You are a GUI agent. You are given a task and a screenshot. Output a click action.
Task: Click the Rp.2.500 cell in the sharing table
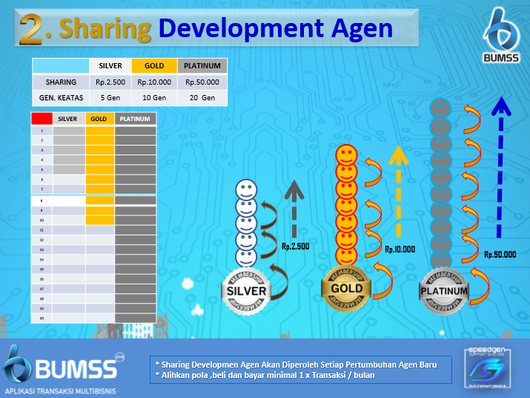click(110, 82)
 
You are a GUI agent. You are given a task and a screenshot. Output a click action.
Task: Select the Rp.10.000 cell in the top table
click(154, 82)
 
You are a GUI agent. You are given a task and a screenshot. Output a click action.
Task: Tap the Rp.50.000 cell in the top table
click(202, 82)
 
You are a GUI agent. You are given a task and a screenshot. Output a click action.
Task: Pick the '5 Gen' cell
click(110, 97)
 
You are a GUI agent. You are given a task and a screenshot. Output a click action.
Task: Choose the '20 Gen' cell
click(202, 97)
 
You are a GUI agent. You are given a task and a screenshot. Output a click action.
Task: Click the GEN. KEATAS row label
click(60, 97)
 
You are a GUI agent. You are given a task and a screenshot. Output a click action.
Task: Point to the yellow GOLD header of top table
click(154, 66)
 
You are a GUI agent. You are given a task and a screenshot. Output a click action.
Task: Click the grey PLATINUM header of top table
click(202, 66)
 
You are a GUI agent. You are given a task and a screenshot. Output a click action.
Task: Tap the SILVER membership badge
click(246, 290)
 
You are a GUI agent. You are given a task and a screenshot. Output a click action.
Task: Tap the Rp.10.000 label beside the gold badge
click(400, 249)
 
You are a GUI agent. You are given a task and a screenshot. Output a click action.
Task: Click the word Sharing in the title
click(106, 28)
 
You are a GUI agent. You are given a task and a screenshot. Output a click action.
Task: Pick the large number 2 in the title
click(33, 29)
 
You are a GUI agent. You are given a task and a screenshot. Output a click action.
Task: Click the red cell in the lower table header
click(42, 118)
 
